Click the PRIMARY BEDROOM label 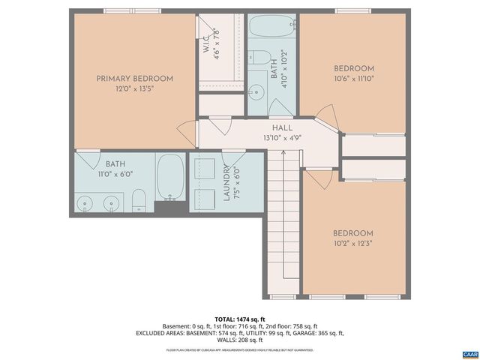[x=135, y=79]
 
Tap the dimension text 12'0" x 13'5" [x=135, y=89]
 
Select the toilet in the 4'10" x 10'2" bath [x=257, y=57]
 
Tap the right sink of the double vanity [x=113, y=201]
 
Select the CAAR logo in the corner [x=469, y=353]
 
